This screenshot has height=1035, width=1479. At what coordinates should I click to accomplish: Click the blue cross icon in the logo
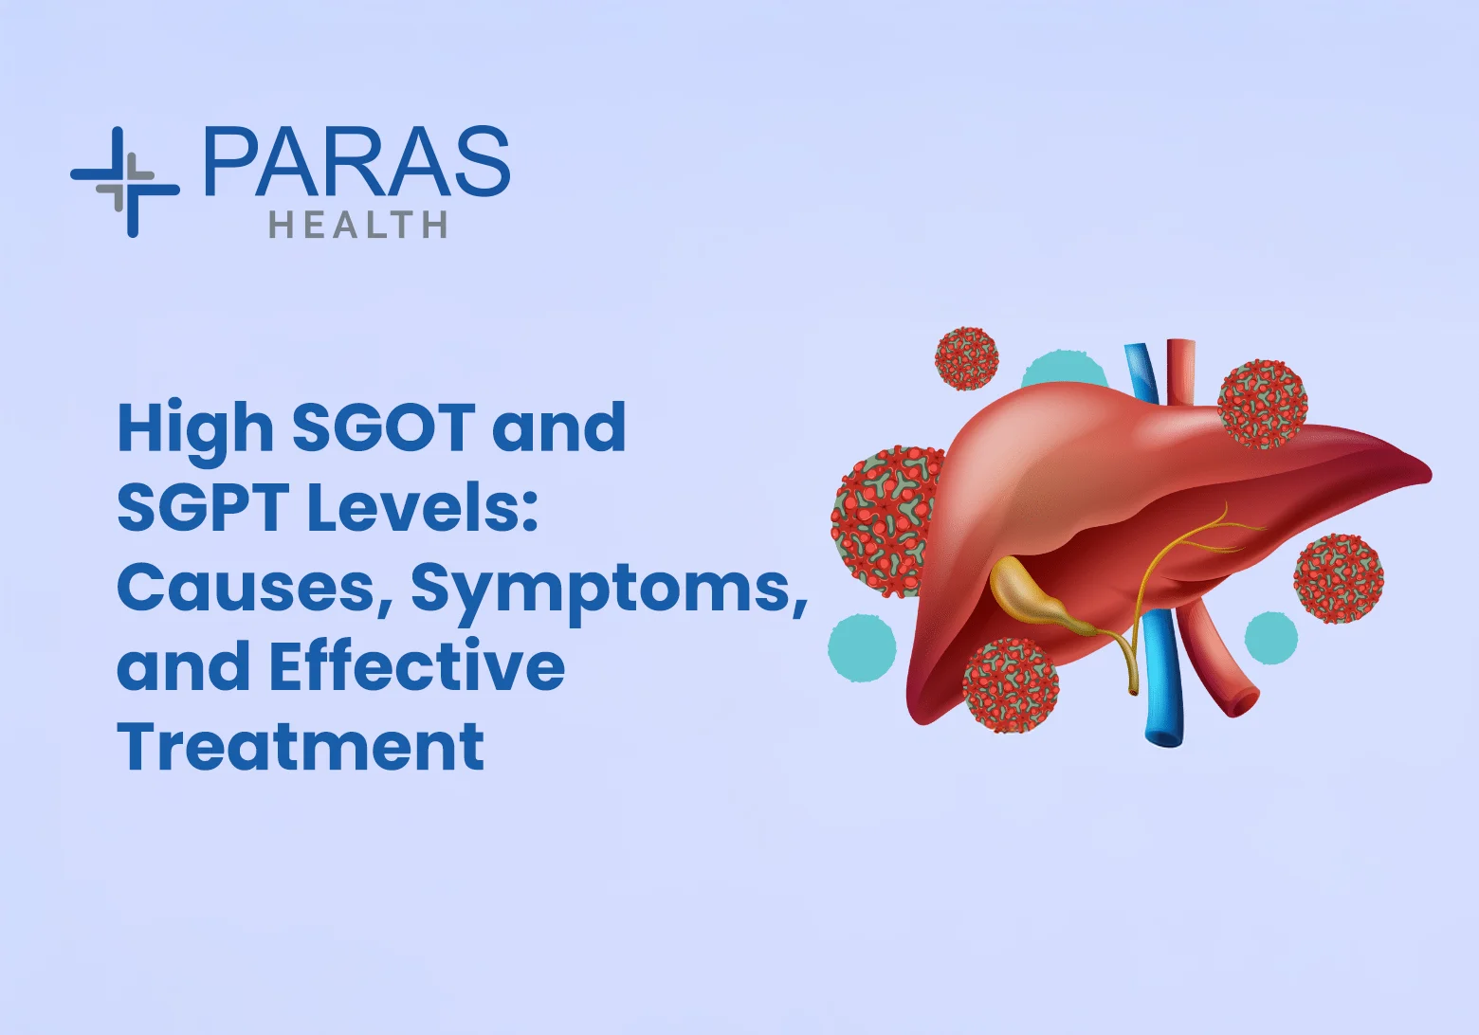pos(125,182)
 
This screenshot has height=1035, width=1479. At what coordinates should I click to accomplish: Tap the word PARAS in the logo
pos(357,161)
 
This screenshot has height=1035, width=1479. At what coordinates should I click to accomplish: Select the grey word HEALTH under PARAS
pos(357,225)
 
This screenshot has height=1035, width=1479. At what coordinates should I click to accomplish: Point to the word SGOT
pos(384,427)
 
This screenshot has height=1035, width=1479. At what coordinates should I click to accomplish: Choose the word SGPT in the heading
pos(205,507)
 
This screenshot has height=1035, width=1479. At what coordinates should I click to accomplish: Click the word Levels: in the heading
pos(423,506)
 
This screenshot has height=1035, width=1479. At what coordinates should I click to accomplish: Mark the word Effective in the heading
pos(417,665)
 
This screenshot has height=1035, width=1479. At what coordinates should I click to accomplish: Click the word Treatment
pos(301,745)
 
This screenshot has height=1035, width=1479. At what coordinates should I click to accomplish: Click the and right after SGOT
pos(558,427)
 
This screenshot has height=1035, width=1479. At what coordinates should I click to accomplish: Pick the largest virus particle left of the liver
pos(887,521)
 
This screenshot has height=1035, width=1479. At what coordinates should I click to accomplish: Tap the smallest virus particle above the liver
pos(967,358)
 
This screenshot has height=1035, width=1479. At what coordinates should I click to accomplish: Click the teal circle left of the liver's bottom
pos(862,647)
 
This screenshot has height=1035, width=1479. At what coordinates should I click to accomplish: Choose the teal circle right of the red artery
pos(1271,638)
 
